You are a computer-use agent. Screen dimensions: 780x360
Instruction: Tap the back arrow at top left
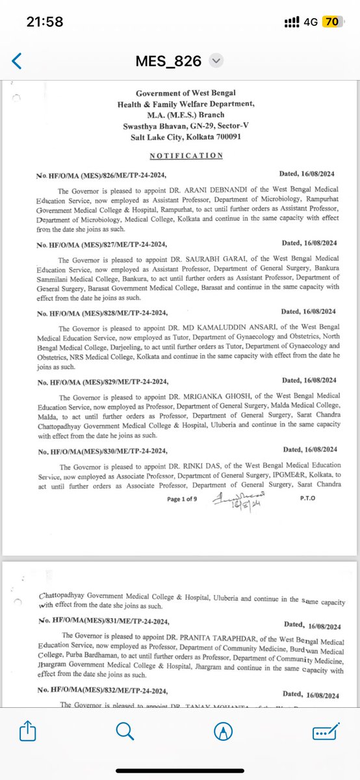[17, 61]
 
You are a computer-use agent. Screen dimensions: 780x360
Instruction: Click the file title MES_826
[172, 61]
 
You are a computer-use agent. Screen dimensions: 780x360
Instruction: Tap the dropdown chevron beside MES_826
[216, 61]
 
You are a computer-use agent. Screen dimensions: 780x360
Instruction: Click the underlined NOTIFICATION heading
[186, 156]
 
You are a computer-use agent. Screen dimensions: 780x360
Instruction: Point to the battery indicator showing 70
[331, 22]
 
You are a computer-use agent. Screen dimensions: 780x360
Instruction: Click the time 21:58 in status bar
[45, 22]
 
